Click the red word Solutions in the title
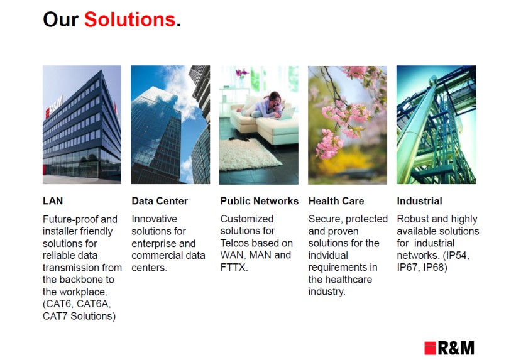pos(129,19)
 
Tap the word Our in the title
pos(60,19)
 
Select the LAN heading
pos(53,200)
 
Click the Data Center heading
pos(160,200)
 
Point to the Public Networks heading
pos(260,200)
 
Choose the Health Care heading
pos(336,200)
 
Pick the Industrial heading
pos(419,200)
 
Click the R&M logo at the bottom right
pos(449,348)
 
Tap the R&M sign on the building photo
pos(54,107)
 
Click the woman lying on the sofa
pos(263,106)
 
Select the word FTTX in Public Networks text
pos(233,267)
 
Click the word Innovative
pos(155,219)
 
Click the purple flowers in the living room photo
pos(242,72)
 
